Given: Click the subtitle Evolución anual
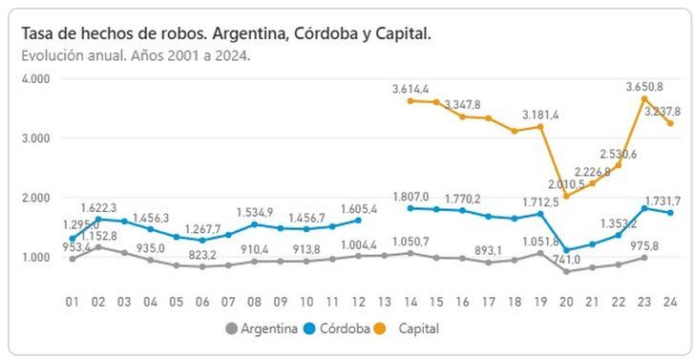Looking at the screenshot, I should [136, 54].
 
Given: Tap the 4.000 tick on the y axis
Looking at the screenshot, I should [34, 79].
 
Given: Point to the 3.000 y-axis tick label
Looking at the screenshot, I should [34, 138].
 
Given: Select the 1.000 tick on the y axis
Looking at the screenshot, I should [34, 257].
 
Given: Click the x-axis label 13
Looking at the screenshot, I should [384, 301].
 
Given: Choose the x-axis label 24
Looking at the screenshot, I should [670, 301].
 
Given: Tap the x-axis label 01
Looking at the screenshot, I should [72, 301].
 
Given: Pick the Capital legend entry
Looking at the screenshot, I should [430, 328].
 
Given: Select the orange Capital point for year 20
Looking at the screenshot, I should [566, 196].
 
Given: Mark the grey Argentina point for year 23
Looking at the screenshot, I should [644, 258].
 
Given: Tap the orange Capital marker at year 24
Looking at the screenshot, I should [670, 123].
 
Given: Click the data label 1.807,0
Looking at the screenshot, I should [412, 197].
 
